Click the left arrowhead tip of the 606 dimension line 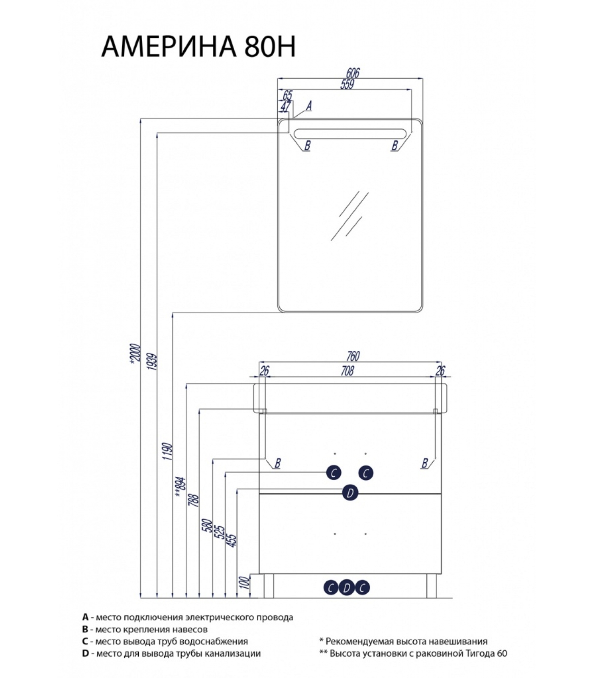pyautogui.click(x=277, y=78)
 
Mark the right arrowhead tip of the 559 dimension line pyautogui.click(x=411, y=90)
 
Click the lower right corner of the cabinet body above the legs pyautogui.click(x=442, y=574)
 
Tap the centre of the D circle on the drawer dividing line pyautogui.click(x=350, y=493)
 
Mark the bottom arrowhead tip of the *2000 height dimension pyautogui.click(x=140, y=597)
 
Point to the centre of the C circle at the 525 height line pyautogui.click(x=333, y=472)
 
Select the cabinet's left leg pyautogui.click(x=269, y=586)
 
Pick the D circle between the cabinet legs pyautogui.click(x=347, y=588)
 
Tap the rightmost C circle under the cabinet pyautogui.click(x=362, y=588)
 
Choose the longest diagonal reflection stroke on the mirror pyautogui.click(x=349, y=216)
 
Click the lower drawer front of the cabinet pyautogui.click(x=350, y=534)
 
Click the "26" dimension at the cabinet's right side pyautogui.click(x=440, y=371)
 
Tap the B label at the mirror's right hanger pyautogui.click(x=395, y=145)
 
